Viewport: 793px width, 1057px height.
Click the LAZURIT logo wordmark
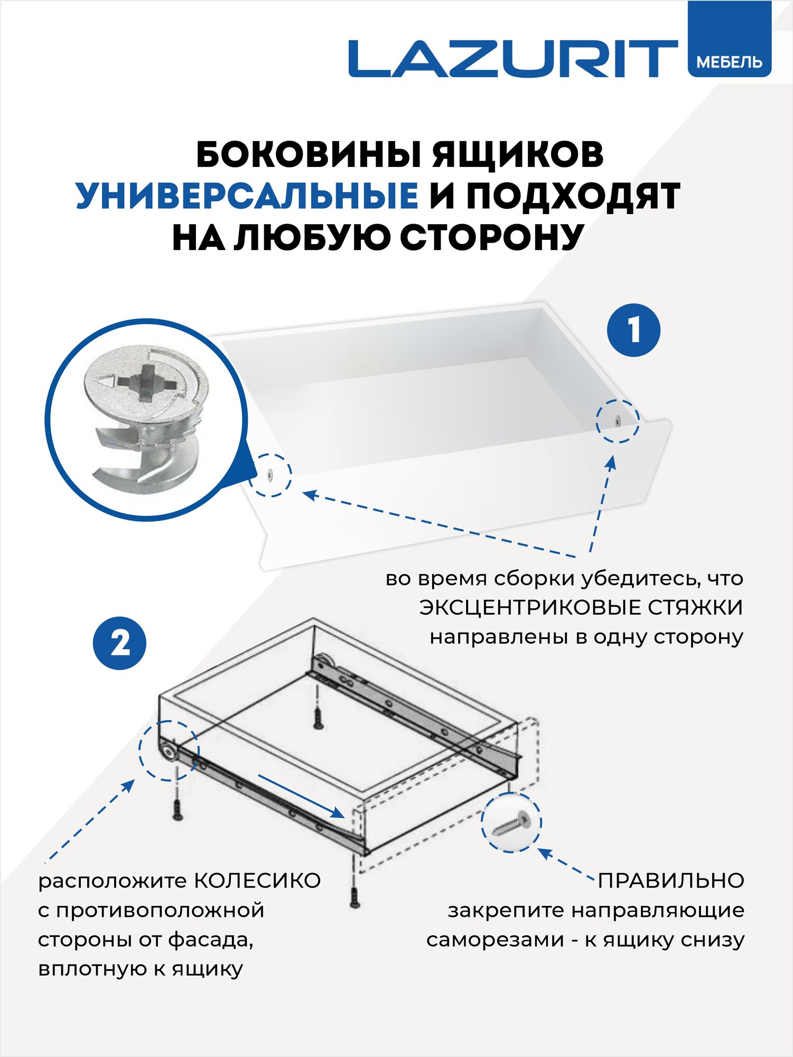point(512,59)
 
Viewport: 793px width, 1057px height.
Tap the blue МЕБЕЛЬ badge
point(729,62)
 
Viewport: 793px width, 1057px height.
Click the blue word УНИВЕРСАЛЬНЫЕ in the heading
point(247,197)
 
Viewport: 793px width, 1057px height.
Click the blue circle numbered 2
point(120,644)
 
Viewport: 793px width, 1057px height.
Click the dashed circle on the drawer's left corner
point(270,475)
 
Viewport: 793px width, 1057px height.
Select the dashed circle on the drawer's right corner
point(617,421)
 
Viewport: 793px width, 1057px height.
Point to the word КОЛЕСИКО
point(257,881)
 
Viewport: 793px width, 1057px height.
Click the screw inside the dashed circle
point(511,823)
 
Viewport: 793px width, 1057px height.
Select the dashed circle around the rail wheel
point(169,750)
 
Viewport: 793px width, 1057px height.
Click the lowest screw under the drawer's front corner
point(354,897)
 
